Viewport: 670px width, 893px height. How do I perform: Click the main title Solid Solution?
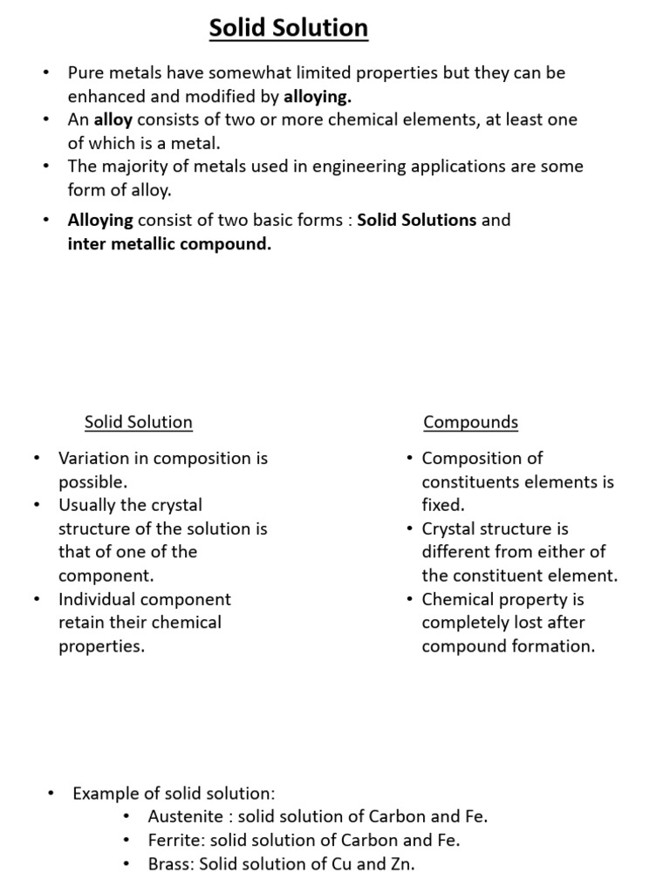click(x=288, y=29)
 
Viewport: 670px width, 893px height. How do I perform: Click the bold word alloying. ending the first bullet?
click(x=318, y=97)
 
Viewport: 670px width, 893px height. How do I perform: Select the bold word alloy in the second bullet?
click(x=113, y=119)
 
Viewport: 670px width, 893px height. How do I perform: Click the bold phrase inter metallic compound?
click(x=169, y=244)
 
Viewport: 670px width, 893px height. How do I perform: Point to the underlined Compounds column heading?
click(x=470, y=423)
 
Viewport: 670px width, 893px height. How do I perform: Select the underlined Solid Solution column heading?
click(x=138, y=423)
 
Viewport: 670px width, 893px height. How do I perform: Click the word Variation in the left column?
click(x=92, y=459)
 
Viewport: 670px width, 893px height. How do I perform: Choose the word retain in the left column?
click(x=81, y=623)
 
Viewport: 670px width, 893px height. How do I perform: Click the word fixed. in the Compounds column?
click(x=443, y=505)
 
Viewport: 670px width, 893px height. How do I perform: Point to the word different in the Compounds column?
click(x=457, y=552)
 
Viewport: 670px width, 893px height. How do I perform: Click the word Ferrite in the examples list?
click(x=174, y=841)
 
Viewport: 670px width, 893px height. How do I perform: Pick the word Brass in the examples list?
click(x=170, y=864)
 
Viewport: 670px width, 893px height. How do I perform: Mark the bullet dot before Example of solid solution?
click(x=51, y=793)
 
